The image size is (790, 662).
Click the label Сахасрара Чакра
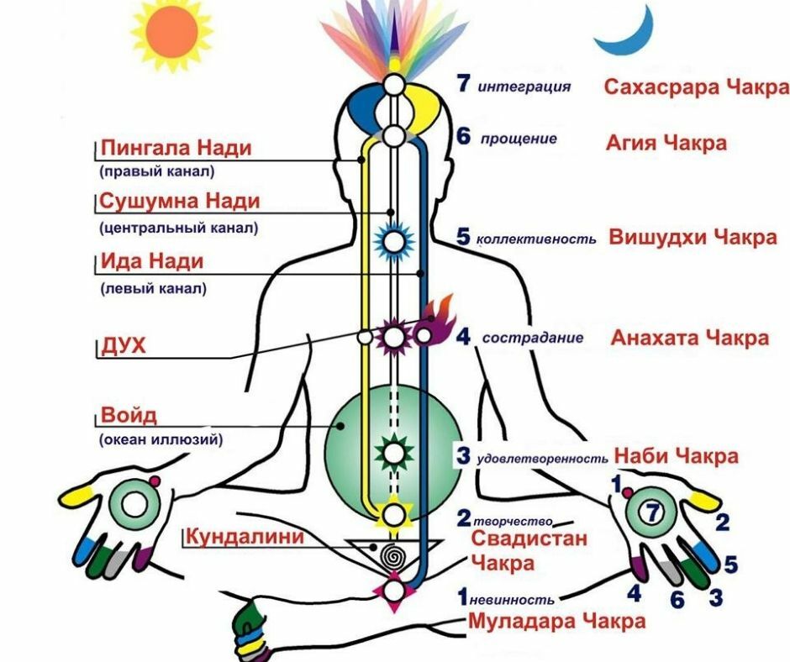[x=697, y=87]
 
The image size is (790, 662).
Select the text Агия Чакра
[x=666, y=142]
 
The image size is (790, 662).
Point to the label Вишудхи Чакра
[x=693, y=237]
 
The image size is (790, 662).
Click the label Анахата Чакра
[x=689, y=338]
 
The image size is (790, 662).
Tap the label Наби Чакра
[x=677, y=456]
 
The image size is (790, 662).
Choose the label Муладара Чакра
[x=556, y=622]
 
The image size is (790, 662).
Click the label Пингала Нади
[x=176, y=149]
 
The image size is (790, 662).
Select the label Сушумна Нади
[x=180, y=202]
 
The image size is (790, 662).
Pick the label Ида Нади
[x=152, y=261]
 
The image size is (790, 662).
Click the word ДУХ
[x=123, y=345]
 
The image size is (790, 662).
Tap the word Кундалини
[x=245, y=536]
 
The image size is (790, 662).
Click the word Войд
[x=129, y=416]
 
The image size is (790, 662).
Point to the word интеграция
[x=524, y=87]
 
